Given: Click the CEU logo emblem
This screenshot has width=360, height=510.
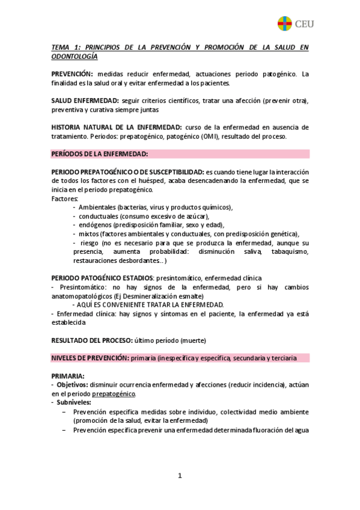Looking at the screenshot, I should (x=284, y=23).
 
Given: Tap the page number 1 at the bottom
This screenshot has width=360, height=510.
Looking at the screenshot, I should (x=180, y=476).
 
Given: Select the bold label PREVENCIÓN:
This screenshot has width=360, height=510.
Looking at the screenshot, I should (x=72, y=74).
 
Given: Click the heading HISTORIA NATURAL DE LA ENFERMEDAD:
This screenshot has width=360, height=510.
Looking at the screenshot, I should (x=117, y=127).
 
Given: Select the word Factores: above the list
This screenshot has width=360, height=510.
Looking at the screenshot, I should (x=64, y=198).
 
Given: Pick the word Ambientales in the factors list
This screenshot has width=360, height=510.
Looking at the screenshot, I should (x=98, y=207).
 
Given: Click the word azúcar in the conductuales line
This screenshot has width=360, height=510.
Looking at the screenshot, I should (x=197, y=216).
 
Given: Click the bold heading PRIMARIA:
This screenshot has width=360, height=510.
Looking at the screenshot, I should (x=68, y=376).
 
